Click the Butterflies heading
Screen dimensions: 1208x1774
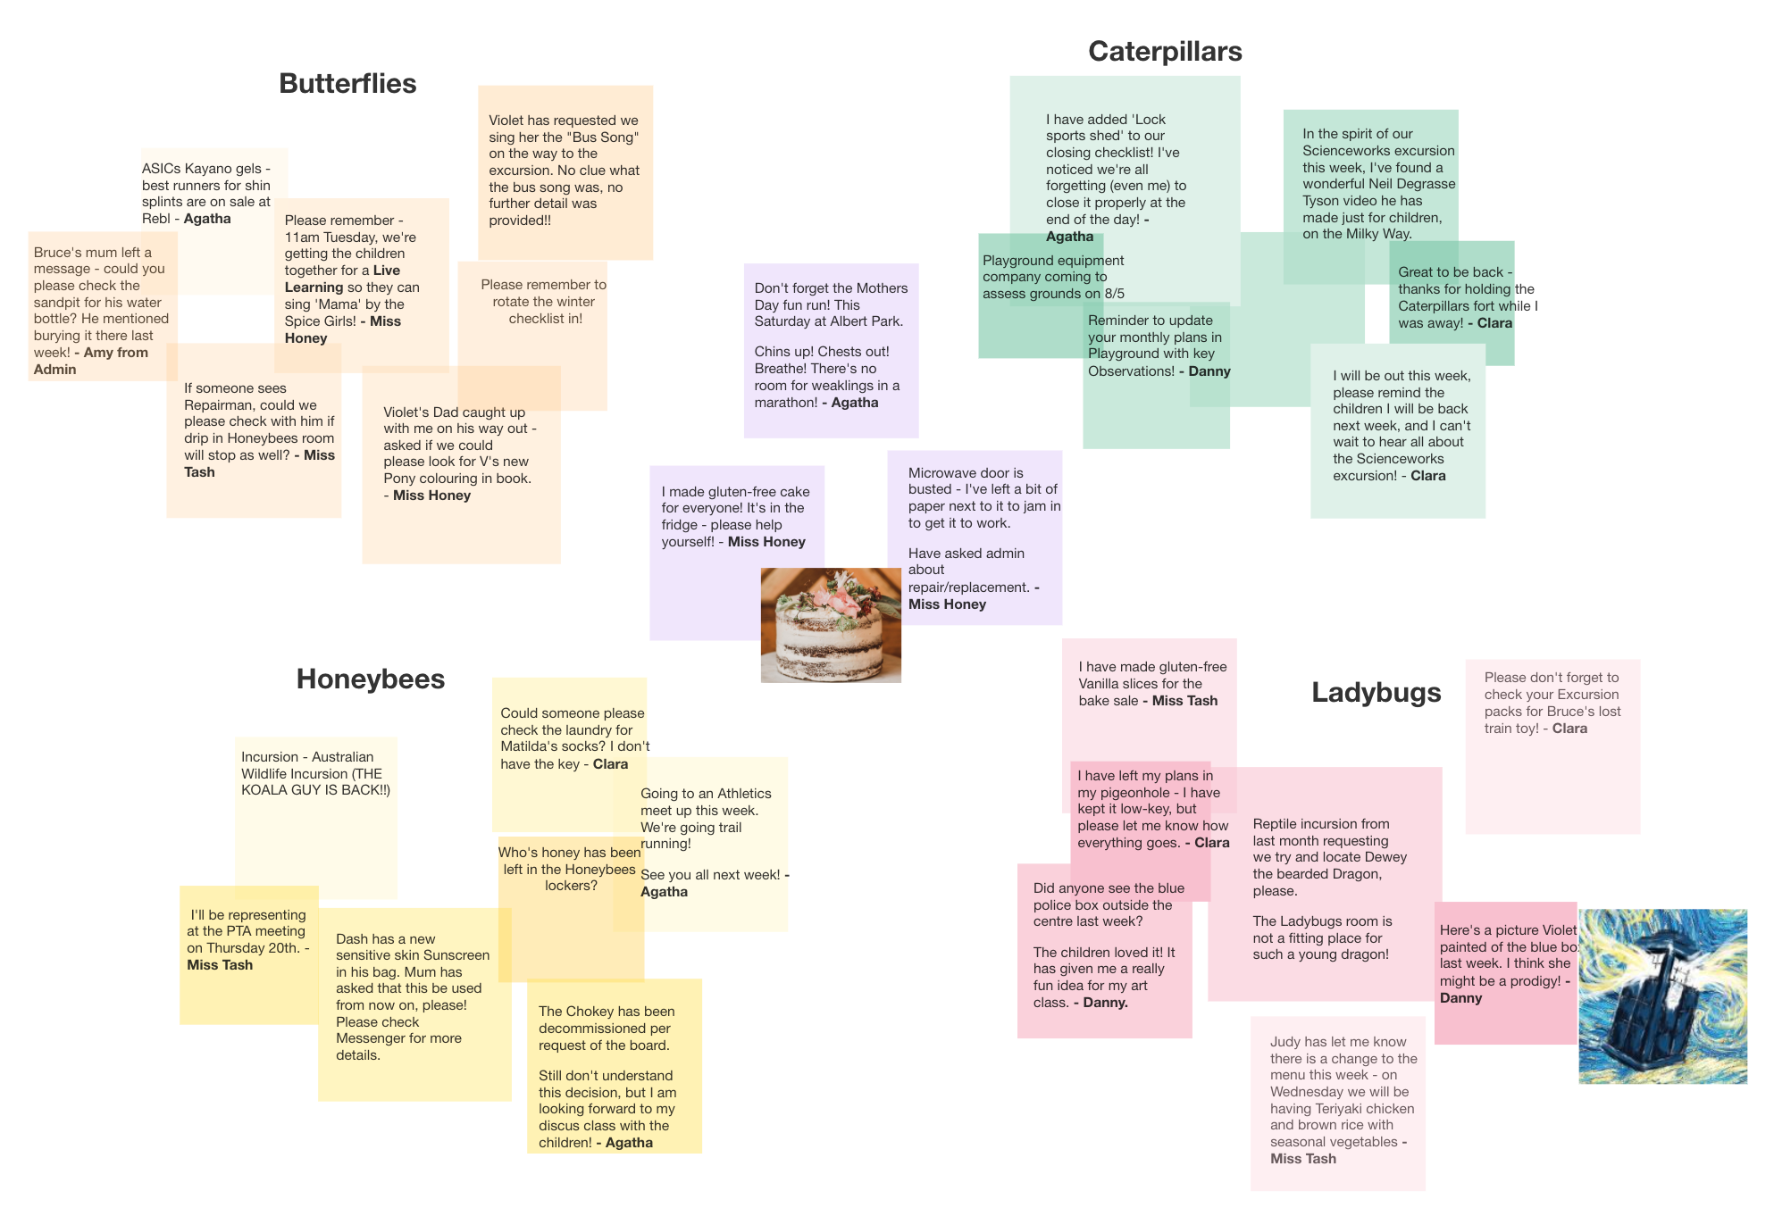(x=347, y=83)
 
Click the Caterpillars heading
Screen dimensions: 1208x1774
(x=1164, y=52)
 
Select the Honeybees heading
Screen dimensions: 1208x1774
(x=370, y=679)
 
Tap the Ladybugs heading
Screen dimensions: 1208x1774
(x=1376, y=692)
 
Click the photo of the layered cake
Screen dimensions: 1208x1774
(x=830, y=625)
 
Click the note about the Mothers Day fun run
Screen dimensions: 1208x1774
(x=830, y=348)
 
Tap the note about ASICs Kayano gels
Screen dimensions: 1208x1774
(x=207, y=193)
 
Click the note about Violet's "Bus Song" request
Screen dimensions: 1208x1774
(x=565, y=170)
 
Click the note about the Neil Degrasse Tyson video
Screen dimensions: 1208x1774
(x=1376, y=183)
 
